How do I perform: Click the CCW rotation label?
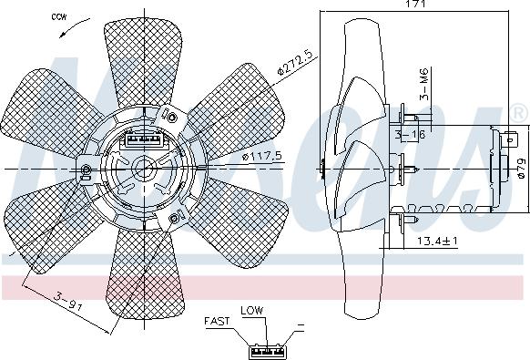[59, 17]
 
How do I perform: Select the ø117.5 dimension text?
[262, 156]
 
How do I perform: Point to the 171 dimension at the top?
[415, 4]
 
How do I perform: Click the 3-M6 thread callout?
[423, 84]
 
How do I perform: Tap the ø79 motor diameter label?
[522, 169]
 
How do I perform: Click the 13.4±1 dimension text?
[437, 241]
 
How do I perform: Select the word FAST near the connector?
[217, 321]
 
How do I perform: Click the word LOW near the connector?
[252, 310]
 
